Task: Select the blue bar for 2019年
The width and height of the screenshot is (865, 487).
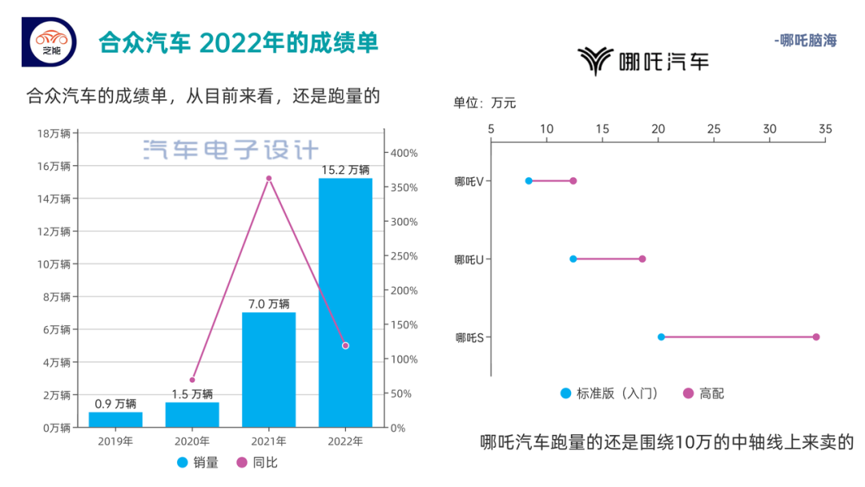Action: pos(115,419)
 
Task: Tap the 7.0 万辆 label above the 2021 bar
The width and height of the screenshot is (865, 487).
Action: pos(268,304)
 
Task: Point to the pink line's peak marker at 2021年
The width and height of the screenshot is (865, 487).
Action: pos(269,179)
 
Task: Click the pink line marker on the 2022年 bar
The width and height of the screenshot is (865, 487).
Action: pos(345,345)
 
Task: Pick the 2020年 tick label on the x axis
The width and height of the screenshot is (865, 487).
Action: pos(192,441)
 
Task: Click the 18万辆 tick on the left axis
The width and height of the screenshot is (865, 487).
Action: pos(54,133)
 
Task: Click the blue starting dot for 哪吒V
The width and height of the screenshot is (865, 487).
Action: pos(529,181)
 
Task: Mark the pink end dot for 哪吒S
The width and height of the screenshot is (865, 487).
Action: pos(816,337)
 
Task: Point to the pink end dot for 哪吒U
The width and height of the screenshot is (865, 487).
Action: pos(642,259)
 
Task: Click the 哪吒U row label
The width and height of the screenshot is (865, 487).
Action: pos(468,260)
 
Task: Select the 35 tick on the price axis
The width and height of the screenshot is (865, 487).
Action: pos(825,128)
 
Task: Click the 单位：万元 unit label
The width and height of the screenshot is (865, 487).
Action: pos(485,103)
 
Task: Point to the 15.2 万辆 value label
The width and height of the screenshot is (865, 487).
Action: pos(345,170)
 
